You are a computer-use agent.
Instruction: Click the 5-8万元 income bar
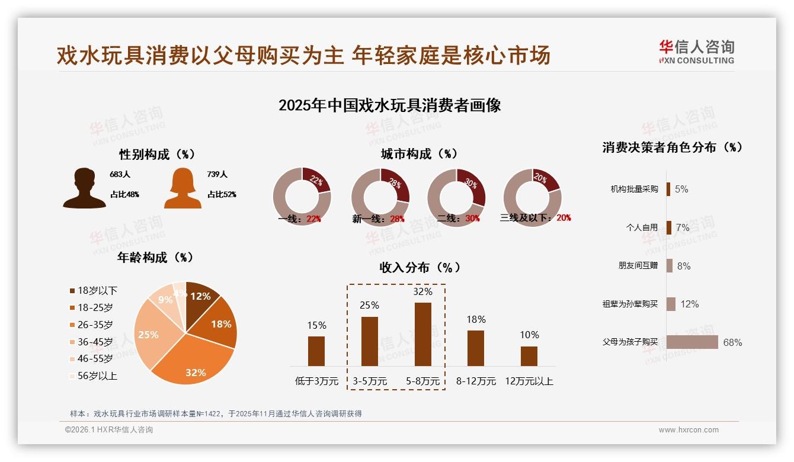[x=423, y=334]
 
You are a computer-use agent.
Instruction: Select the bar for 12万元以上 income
[x=529, y=356]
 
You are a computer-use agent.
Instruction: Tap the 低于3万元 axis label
[x=316, y=381]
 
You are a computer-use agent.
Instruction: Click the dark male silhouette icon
[x=84, y=188]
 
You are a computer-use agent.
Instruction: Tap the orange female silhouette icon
[x=183, y=188]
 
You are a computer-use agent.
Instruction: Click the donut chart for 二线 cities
[x=456, y=198]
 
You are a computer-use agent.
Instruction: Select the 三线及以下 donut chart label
[x=535, y=218]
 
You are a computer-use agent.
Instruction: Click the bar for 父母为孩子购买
[x=692, y=342]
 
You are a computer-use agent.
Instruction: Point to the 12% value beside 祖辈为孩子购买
[x=689, y=304]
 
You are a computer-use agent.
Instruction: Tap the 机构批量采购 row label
[x=634, y=189]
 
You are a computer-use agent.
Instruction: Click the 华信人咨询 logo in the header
[x=696, y=52]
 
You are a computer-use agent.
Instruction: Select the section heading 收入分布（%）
[x=420, y=267]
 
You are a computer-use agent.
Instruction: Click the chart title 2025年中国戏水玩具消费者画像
[x=390, y=105]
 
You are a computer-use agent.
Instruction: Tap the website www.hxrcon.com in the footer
[x=689, y=430]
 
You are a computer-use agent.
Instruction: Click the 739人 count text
[x=217, y=174]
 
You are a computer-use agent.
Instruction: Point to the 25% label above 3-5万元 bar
[x=370, y=305]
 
